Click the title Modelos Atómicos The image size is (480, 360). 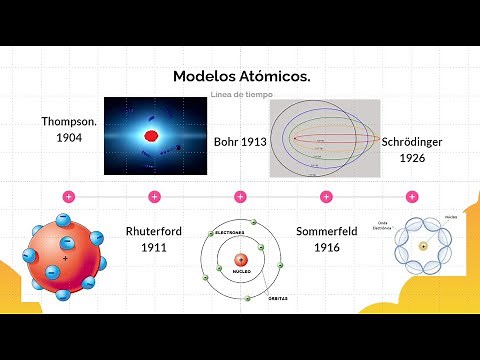click(241, 76)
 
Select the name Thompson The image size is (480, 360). click(68, 121)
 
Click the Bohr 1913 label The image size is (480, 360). click(240, 143)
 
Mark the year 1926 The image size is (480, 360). click(413, 158)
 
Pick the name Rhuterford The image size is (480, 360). click(153, 231)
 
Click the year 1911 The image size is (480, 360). click(153, 247)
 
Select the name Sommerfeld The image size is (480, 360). click(326, 231)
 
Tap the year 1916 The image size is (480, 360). click(326, 247)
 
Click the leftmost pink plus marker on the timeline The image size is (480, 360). click(69, 196)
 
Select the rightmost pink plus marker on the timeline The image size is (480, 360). click(412, 196)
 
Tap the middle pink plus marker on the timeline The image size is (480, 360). click(240, 196)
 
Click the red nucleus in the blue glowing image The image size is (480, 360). click(152, 135)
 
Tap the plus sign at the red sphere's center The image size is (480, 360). click(66, 259)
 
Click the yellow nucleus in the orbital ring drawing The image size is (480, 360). click(424, 246)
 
